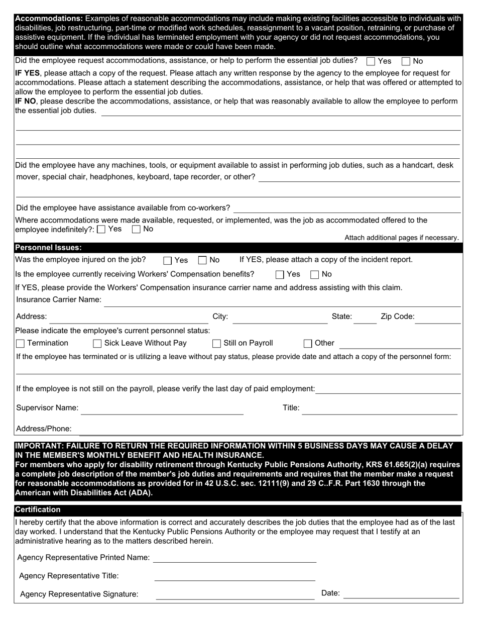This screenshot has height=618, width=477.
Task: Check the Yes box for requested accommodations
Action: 371,61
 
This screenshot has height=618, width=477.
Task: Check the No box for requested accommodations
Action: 406,61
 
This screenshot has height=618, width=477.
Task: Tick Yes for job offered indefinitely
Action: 101,230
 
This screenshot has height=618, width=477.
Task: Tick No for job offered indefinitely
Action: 136,230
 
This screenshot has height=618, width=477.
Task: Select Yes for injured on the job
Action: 168,260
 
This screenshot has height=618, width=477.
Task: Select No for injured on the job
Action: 203,260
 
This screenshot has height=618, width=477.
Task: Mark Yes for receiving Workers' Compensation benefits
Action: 280,274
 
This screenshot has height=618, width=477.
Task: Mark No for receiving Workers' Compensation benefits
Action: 315,274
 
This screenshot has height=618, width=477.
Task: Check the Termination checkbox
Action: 21,344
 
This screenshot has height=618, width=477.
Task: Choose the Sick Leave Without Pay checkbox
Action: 97,344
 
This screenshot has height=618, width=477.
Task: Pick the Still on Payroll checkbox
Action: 217,344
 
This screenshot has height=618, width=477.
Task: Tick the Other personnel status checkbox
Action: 308,344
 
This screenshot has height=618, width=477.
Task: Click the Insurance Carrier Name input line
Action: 281,301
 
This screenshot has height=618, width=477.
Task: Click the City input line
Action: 280,318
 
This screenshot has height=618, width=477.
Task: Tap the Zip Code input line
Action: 437,318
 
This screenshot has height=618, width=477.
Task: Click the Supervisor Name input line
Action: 162,409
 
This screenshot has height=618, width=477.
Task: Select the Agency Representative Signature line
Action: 235,595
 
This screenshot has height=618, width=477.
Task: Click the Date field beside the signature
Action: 401,594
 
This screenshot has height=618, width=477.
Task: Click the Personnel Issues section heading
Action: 49,248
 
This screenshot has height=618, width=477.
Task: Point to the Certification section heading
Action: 38,509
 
